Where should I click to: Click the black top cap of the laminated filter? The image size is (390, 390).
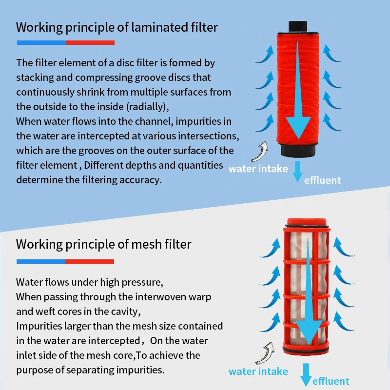[x=298, y=27]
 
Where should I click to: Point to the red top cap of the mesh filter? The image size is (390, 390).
[x=307, y=222]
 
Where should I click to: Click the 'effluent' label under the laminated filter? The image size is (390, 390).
[x=322, y=180]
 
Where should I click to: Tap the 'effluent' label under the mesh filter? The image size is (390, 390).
[x=331, y=381]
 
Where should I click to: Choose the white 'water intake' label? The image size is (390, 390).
[x=258, y=169]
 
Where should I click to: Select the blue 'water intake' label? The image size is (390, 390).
[x=258, y=371]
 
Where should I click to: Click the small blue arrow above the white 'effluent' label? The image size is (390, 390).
[x=297, y=172]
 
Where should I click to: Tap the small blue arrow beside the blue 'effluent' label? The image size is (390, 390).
[x=306, y=374]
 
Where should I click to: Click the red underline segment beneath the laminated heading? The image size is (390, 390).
[x=90, y=43]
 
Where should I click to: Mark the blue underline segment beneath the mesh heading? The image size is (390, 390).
[x=41, y=261]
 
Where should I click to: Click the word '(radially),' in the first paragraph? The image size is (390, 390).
[x=148, y=107]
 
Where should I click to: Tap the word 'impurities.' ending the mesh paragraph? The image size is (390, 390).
[x=140, y=370]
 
